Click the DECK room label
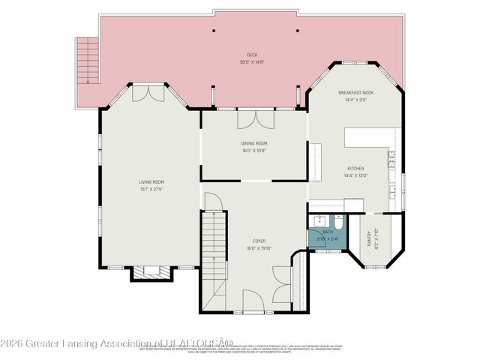(252, 54)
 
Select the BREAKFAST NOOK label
(355, 92)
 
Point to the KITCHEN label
(355, 169)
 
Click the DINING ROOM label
(254, 143)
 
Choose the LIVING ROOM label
(151, 182)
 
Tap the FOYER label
(254, 241)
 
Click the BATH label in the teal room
(328, 232)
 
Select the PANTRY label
(368, 238)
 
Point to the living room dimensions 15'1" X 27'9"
(151, 188)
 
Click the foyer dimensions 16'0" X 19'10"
(254, 248)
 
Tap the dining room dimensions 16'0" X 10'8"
(254, 150)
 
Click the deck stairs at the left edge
(89, 60)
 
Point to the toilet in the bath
(338, 223)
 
